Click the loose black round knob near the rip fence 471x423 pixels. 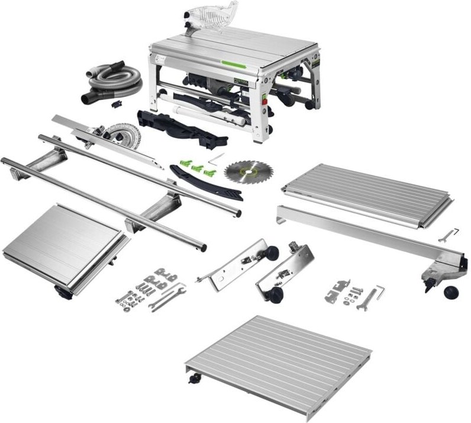(453, 292)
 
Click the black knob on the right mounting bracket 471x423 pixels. (273, 295)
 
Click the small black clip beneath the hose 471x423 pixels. (115, 104)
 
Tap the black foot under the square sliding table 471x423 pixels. (61, 290)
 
